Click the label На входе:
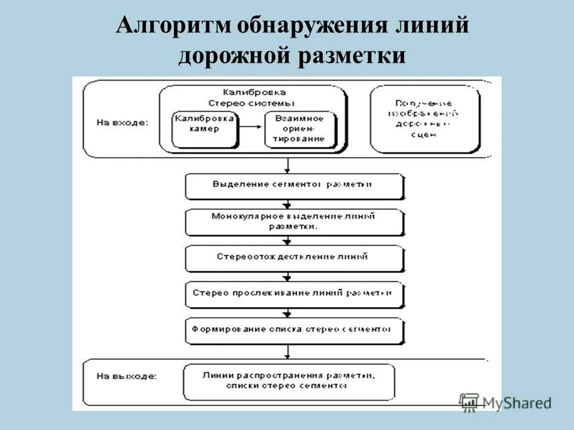tap(123, 122)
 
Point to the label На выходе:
tap(126, 377)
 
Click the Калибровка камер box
tap(204, 128)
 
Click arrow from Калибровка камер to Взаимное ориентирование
tap(252, 128)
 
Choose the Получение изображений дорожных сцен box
tap(425, 119)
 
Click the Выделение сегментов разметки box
tap(294, 185)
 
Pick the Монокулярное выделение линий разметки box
tap(294, 222)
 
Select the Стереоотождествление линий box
tap(294, 257)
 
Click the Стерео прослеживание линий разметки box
tap(294, 293)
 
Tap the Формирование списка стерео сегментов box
tap(294, 330)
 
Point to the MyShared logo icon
tap(470, 403)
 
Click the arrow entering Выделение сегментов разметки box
tap(288, 166)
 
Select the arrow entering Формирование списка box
tap(288, 312)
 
